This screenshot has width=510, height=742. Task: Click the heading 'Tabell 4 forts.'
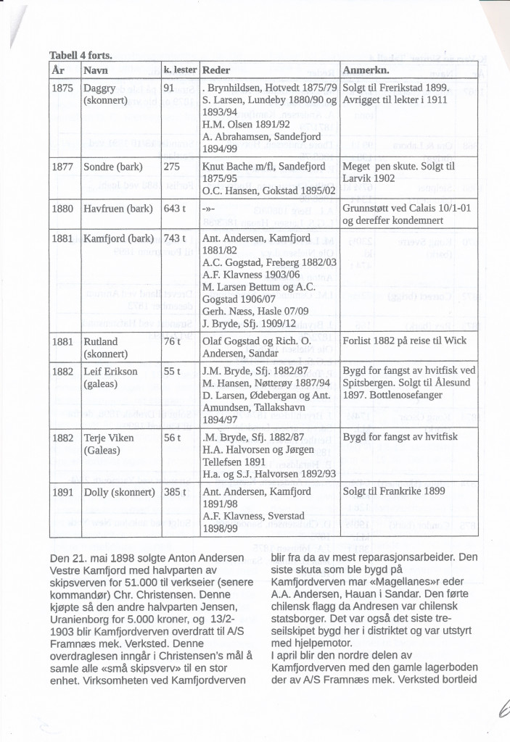pos(80,55)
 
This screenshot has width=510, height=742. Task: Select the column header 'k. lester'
pos(181,71)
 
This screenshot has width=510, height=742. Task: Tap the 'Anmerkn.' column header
pos(366,71)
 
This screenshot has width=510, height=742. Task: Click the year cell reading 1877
pos(64,166)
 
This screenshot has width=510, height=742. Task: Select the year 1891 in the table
pos(64,491)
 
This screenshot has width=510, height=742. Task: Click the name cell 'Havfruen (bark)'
pos(118,207)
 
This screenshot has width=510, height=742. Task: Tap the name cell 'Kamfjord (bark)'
pos(118,238)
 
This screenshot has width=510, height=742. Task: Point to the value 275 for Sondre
pos(173,166)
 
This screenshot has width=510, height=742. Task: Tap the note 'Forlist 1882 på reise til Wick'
pos(404,341)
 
